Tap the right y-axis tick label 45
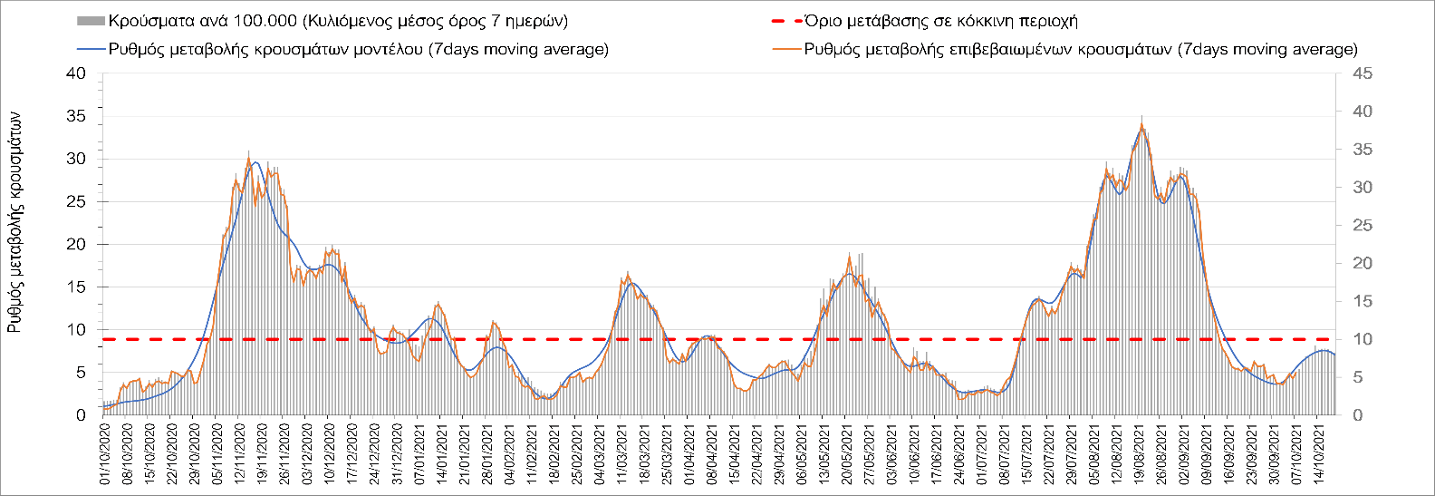click(1362, 73)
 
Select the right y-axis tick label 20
click(1362, 263)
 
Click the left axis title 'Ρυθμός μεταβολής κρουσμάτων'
click(14, 222)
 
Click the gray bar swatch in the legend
click(91, 21)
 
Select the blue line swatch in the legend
click(91, 49)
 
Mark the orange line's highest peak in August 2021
click(1141, 126)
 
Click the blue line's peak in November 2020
click(256, 162)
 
